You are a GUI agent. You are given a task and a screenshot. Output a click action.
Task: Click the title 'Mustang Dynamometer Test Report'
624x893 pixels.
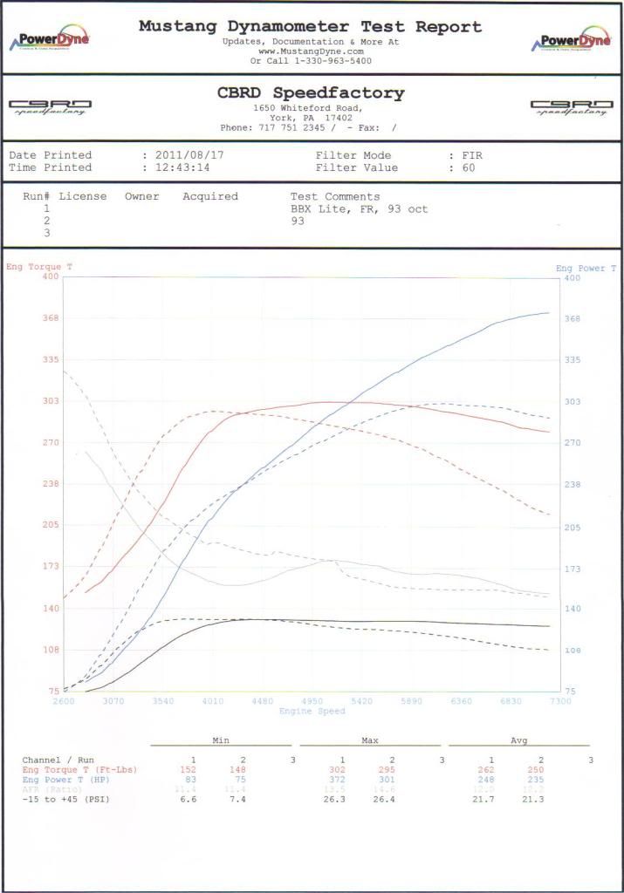point(310,26)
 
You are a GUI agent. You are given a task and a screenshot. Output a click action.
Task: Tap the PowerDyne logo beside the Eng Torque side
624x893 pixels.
point(49,41)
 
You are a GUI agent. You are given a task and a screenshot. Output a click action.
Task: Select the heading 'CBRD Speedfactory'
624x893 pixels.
point(311,92)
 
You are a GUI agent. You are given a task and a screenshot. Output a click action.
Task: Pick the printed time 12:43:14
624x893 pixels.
point(182,167)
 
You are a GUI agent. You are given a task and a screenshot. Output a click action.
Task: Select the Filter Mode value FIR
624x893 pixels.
point(472,155)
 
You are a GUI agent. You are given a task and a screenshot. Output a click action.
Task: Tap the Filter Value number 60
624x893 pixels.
point(469,167)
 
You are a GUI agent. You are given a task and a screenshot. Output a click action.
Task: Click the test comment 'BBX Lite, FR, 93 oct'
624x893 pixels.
point(359,209)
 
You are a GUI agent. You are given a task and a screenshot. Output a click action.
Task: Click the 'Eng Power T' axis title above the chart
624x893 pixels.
point(586,269)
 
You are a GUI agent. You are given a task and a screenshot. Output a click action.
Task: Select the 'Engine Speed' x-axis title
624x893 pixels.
point(312,711)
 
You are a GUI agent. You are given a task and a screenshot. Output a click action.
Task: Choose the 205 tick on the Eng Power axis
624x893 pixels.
point(573,528)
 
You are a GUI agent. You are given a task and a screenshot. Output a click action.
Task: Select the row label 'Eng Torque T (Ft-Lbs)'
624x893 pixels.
point(79,770)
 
